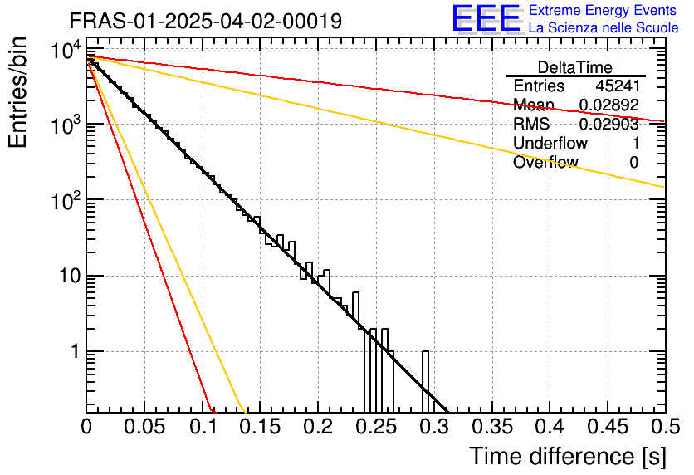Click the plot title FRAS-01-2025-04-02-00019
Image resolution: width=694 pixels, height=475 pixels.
click(x=205, y=22)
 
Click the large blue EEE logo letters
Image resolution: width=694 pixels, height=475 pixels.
click(x=486, y=19)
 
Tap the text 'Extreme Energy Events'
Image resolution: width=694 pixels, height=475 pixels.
click(x=604, y=11)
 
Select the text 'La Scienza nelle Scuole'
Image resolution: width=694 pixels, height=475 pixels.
click(x=604, y=27)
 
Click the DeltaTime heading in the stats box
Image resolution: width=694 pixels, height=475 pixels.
click(x=574, y=67)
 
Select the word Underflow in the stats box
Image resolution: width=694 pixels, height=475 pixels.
click(x=550, y=144)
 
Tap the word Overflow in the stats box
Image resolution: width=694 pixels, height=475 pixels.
click(x=545, y=163)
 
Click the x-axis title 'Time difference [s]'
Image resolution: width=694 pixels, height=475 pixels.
click(x=567, y=456)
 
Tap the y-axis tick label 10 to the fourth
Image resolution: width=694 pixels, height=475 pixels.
click(x=65, y=51)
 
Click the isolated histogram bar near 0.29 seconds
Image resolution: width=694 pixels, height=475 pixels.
click(x=426, y=382)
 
